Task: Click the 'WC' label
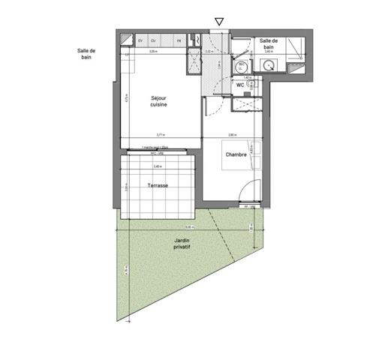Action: pyautogui.click(x=239, y=85)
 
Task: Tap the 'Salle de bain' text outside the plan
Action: pyautogui.click(x=86, y=54)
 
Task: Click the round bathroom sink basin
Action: pyautogui.click(x=268, y=66)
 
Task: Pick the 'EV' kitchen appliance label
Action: pyautogui.click(x=140, y=40)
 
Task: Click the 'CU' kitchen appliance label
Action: pyautogui.click(x=152, y=40)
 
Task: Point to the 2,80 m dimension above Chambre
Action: pyautogui.click(x=233, y=135)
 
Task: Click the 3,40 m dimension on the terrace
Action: pyautogui.click(x=158, y=166)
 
